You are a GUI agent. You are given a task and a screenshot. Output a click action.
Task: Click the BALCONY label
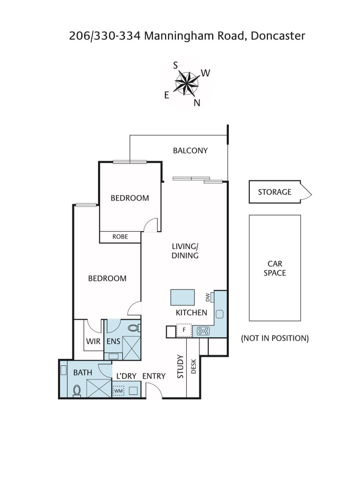click(x=190, y=150)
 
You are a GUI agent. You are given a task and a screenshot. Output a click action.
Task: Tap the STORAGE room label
click(x=274, y=192)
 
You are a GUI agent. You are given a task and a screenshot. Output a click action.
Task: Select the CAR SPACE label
click(x=275, y=268)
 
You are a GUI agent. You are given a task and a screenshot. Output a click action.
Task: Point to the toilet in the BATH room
click(x=77, y=391)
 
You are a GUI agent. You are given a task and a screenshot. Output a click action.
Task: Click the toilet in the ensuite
click(x=134, y=328)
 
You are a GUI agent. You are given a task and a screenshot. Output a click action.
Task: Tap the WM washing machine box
click(x=118, y=391)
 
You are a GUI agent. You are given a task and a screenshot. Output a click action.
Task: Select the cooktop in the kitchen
click(x=203, y=331)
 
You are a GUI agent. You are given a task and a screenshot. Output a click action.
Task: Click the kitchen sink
click(x=220, y=314)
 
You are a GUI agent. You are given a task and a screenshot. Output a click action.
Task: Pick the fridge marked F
click(x=184, y=330)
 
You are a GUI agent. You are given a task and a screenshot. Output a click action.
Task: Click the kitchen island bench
click(x=182, y=297)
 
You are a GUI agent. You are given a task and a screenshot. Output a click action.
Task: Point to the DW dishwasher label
click(x=208, y=297)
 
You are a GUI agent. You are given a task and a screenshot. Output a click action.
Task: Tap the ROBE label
click(x=120, y=237)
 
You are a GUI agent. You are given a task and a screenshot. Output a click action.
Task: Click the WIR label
click(x=93, y=341)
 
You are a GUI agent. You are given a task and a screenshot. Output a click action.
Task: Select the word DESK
click(x=194, y=366)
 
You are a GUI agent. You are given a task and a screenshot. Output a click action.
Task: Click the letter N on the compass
click(x=197, y=103)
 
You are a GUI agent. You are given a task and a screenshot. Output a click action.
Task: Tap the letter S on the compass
click(x=176, y=66)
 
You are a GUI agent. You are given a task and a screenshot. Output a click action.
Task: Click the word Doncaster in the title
click(x=278, y=36)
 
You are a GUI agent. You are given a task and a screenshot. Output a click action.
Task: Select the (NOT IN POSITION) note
click(x=275, y=338)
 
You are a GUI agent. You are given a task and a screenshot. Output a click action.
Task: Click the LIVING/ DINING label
click(x=185, y=251)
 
